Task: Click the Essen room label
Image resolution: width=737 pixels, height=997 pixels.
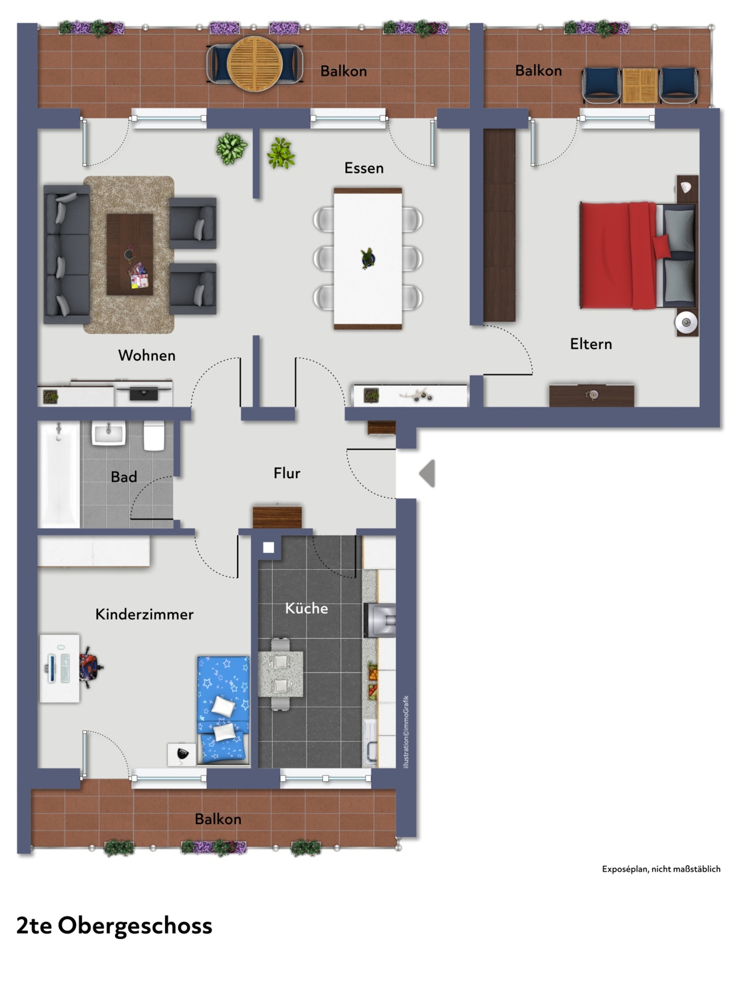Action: click(x=364, y=168)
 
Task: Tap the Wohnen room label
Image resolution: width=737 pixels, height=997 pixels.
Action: click(x=147, y=356)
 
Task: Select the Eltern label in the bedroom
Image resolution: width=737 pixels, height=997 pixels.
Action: click(x=591, y=344)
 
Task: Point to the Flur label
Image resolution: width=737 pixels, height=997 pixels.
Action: click(x=287, y=473)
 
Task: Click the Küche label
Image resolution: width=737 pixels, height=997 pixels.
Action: click(x=306, y=608)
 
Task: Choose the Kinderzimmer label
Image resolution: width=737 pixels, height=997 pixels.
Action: click(x=144, y=614)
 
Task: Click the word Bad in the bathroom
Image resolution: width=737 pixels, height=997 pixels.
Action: click(x=124, y=477)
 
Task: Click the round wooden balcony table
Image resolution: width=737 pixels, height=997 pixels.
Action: click(x=255, y=64)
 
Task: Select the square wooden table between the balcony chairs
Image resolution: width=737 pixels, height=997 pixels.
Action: click(x=640, y=86)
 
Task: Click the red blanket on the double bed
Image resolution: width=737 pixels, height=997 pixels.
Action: click(x=618, y=255)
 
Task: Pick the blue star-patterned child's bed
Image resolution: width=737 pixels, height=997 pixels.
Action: click(x=223, y=709)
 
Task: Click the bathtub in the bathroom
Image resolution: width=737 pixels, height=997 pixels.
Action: click(x=59, y=475)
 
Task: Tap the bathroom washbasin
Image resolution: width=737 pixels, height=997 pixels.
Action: click(x=109, y=433)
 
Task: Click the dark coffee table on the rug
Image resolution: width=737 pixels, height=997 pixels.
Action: click(x=130, y=254)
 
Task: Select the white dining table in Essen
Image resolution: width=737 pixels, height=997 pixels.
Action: click(x=368, y=259)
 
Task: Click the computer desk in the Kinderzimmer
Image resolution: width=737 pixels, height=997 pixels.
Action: click(x=60, y=668)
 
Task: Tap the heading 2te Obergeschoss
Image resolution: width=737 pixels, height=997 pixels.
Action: click(x=114, y=925)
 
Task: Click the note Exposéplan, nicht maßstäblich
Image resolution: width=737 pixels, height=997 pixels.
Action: click(x=661, y=869)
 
